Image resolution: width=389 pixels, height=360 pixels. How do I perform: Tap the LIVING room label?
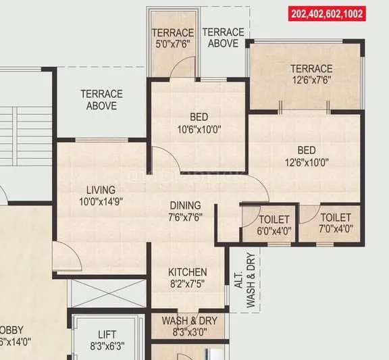pyautogui.click(x=101, y=190)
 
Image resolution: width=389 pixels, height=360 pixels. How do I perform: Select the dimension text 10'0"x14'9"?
pyautogui.click(x=101, y=201)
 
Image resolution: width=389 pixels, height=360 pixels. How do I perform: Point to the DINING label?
pyautogui.click(x=185, y=205)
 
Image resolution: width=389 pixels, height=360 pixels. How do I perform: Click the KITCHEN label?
pyautogui.click(x=188, y=272)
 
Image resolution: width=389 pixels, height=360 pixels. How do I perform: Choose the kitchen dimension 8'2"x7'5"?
pyautogui.click(x=188, y=284)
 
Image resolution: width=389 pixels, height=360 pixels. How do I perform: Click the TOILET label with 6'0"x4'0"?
pyautogui.click(x=274, y=220)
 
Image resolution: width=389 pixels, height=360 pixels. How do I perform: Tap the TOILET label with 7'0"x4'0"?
pyautogui.click(x=336, y=217)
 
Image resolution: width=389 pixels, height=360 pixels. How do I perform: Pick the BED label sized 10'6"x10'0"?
pyautogui.click(x=199, y=117)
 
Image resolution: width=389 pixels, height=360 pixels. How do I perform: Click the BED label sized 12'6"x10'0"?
pyautogui.click(x=306, y=151)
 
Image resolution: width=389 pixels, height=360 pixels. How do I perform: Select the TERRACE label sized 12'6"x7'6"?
pyautogui.click(x=311, y=68)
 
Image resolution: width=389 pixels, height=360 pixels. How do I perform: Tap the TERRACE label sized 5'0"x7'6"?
pyautogui.click(x=173, y=33)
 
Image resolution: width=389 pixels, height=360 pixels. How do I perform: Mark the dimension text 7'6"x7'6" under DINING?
pyautogui.click(x=185, y=217)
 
